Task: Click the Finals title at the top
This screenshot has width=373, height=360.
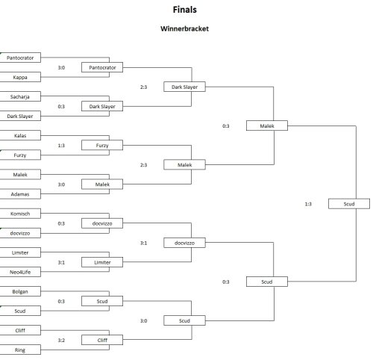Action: tap(185, 10)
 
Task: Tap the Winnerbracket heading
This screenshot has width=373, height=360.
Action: tap(184, 28)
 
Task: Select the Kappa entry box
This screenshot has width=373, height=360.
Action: tap(20, 77)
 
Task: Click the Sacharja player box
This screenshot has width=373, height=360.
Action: tap(20, 96)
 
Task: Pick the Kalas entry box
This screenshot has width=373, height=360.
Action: tap(20, 136)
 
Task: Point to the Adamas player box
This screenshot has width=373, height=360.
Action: tap(20, 194)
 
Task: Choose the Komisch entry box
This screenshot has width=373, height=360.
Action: tap(20, 214)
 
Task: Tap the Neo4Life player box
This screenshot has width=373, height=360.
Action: tap(20, 272)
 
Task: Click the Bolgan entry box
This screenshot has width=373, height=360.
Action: tap(20, 291)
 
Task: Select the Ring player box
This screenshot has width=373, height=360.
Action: tap(20, 350)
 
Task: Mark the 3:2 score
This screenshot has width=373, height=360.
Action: tap(61, 341)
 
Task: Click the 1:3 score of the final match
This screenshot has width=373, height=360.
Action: tap(308, 204)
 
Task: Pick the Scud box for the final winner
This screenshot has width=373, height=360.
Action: tap(349, 204)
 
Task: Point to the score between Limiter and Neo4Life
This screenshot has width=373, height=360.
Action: tap(61, 262)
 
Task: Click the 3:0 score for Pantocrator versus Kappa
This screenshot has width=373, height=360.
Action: tap(61, 67)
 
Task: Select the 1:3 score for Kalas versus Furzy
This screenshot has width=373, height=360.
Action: tap(61, 146)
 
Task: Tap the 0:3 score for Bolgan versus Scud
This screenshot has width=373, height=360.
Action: tap(61, 302)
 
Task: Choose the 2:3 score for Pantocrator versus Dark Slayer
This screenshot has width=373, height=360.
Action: tap(143, 87)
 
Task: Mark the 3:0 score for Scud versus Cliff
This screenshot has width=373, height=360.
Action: tap(143, 321)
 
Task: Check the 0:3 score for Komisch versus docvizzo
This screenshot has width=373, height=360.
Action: tap(61, 223)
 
